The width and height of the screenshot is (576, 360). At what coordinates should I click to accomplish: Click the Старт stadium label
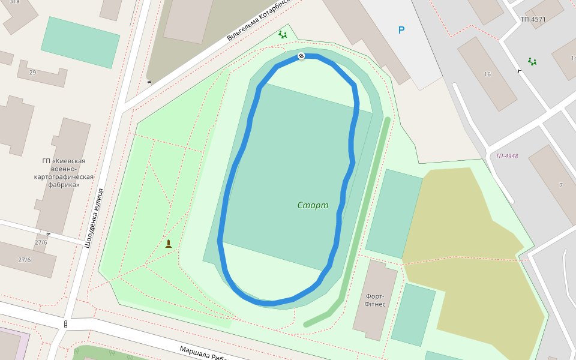313,205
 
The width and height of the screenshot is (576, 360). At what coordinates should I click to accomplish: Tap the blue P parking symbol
401,30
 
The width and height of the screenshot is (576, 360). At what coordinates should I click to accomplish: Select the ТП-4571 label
533,19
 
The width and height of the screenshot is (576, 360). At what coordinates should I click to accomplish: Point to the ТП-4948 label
506,156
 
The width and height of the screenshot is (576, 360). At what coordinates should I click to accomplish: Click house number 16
487,74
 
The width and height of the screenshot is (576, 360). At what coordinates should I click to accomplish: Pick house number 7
561,185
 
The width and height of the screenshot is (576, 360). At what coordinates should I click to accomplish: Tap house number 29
32,73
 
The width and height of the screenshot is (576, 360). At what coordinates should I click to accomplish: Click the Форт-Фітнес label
375,300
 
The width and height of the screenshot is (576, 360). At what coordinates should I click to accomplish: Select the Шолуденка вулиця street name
94,218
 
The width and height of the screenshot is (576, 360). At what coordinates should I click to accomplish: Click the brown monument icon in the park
169,244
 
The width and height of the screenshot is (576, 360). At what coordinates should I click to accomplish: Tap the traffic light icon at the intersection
65,325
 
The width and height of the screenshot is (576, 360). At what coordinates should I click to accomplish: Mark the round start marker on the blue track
301,56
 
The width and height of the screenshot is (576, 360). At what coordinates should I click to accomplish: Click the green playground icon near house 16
532,61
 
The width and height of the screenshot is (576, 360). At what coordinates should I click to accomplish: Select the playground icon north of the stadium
283,35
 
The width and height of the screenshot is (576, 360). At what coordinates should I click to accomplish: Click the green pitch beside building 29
80,42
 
